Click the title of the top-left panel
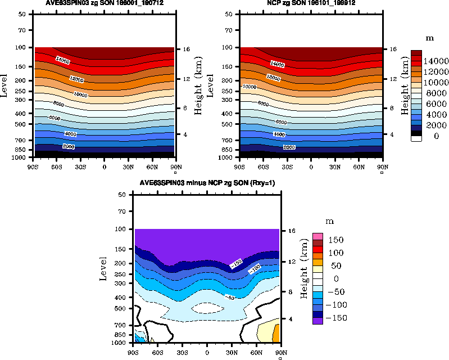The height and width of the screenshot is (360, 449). coord(104,3)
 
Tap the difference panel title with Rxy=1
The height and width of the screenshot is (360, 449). coord(207,184)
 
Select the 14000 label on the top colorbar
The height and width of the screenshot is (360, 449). coord(436,61)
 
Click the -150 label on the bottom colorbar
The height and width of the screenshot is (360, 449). coord(337,318)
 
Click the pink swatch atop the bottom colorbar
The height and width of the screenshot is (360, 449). coord(319,236)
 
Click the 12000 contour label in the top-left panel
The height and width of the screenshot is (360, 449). coord(76,79)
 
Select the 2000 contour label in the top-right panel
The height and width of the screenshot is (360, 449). coord(289,147)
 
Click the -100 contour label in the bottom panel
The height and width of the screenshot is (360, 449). coord(255,271)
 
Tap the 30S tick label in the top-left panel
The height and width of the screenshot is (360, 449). coord(80,166)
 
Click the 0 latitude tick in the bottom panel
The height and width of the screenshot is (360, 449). coord(207,352)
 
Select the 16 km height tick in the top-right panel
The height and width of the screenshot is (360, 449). coord(391,49)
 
